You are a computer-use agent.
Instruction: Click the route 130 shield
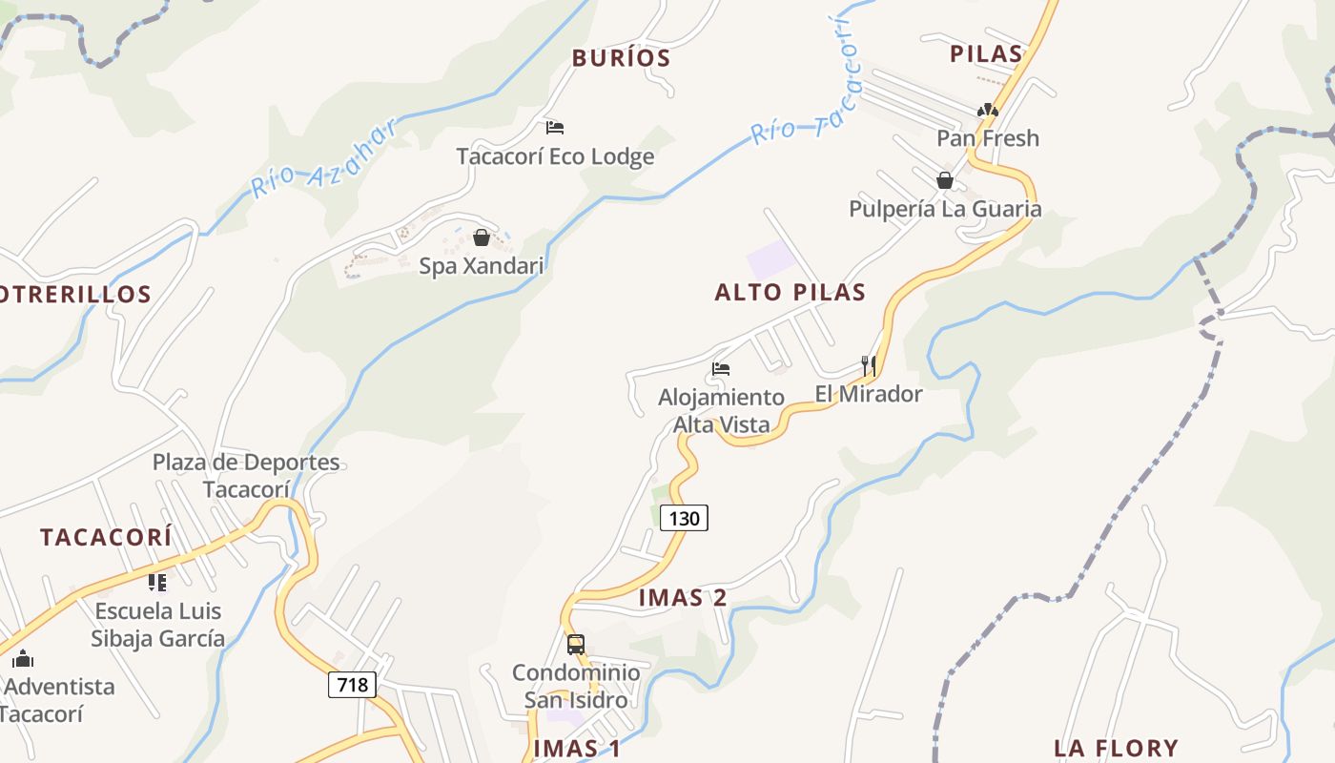pyautogui.click(x=684, y=519)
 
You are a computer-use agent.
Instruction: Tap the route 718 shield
pyautogui.click(x=352, y=684)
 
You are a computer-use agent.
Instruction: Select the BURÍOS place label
pyautogui.click(x=622, y=58)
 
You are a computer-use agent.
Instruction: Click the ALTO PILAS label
pyautogui.click(x=791, y=293)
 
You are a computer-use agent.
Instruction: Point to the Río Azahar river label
pyautogui.click(x=324, y=159)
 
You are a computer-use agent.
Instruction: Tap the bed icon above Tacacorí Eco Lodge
pyautogui.click(x=555, y=128)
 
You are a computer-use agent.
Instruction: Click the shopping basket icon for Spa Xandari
pyautogui.click(x=482, y=237)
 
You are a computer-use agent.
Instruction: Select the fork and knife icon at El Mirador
pyautogui.click(x=868, y=365)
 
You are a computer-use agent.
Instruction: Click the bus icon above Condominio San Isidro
pyautogui.click(x=576, y=644)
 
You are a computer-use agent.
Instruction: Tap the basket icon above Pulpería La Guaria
pyautogui.click(x=944, y=180)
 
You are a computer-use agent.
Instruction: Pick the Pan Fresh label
pyautogui.click(x=988, y=138)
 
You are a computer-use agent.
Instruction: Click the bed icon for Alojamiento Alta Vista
pyautogui.click(x=721, y=369)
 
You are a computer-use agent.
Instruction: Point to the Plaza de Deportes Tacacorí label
pyautogui.click(x=246, y=475)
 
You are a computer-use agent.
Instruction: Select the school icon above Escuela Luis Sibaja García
pyautogui.click(x=157, y=582)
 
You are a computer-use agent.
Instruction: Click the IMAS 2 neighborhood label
pyautogui.click(x=683, y=598)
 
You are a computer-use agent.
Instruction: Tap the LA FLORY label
pyautogui.click(x=1116, y=748)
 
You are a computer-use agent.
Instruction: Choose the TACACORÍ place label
pyautogui.click(x=106, y=537)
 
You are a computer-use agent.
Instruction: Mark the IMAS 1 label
pyautogui.click(x=577, y=749)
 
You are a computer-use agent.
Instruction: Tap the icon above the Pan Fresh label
pyautogui.click(x=988, y=111)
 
